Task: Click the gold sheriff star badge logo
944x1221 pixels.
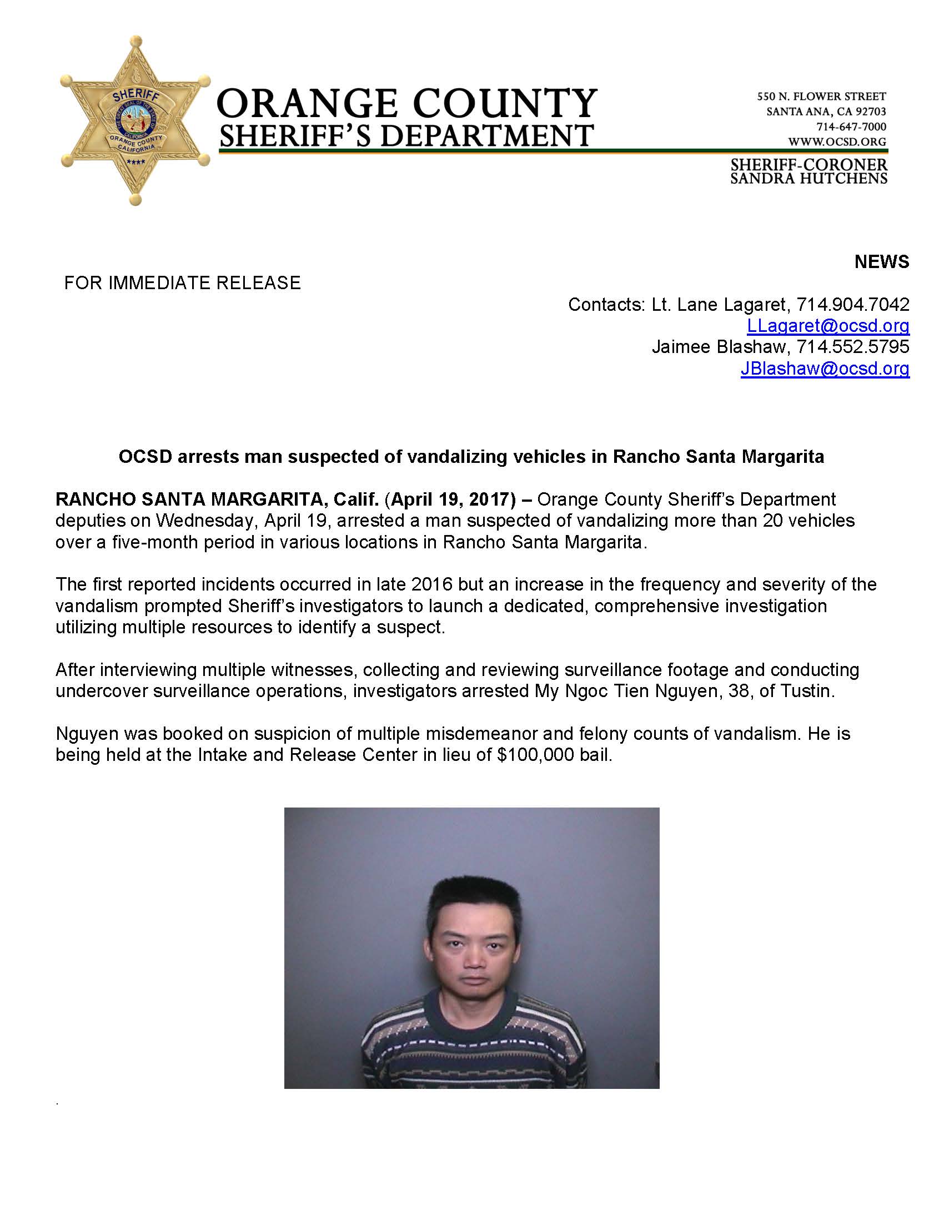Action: click(135, 120)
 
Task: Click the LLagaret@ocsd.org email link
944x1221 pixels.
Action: click(828, 326)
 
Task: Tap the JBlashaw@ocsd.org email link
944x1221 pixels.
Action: click(824, 369)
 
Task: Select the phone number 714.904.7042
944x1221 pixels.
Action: click(852, 305)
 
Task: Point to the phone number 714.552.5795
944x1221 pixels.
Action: click(852, 347)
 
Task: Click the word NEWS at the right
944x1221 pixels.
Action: click(881, 261)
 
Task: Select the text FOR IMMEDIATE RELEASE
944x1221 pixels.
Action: click(182, 283)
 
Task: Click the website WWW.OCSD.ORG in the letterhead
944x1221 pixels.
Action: click(837, 142)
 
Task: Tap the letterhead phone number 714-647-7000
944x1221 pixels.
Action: click(851, 127)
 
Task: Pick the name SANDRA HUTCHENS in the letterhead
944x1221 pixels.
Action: click(809, 178)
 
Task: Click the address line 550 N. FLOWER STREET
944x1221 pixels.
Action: click(821, 97)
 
